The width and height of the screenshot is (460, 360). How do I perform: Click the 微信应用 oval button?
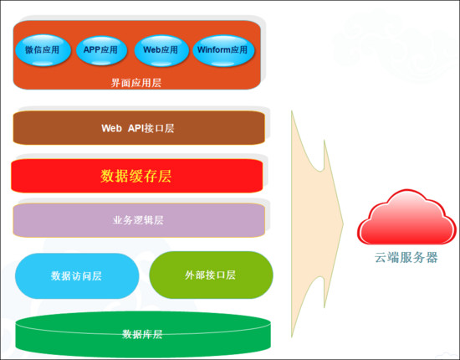[x=42, y=50]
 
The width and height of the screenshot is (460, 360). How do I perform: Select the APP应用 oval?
[x=101, y=50]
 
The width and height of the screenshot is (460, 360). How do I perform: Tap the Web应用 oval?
[x=161, y=50]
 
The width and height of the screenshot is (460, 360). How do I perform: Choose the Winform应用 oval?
[x=222, y=50]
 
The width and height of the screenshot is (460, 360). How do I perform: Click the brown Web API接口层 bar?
[x=138, y=128]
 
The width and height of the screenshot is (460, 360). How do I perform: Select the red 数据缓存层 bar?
[x=137, y=176]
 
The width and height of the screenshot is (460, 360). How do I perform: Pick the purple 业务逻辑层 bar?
[x=138, y=220]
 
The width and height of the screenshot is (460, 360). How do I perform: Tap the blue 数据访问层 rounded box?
[x=77, y=275]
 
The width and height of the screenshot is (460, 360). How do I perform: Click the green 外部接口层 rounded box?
[x=211, y=275]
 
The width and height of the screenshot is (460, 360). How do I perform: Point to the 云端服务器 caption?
[x=406, y=258]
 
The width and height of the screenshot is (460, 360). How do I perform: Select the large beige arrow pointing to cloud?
[x=314, y=222]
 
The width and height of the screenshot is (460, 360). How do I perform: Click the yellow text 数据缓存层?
[x=136, y=176]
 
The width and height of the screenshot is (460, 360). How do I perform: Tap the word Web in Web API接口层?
[x=112, y=128]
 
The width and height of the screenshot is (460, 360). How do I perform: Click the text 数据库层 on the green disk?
[x=142, y=334]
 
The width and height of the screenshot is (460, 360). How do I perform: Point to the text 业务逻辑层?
[x=138, y=221]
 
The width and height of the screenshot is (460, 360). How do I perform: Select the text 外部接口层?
[x=211, y=275]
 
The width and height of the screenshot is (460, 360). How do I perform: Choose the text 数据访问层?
[x=77, y=275]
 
